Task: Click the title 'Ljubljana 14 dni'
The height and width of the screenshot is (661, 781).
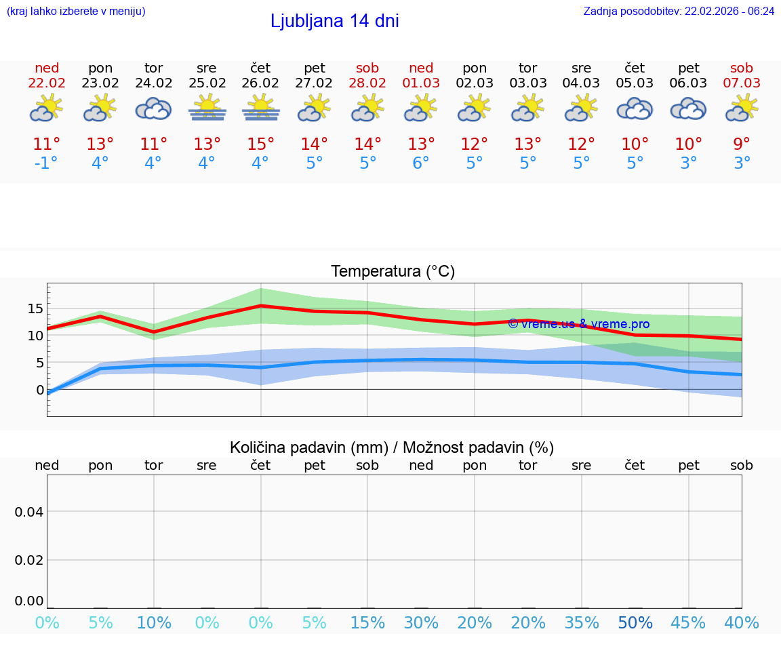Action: click(x=334, y=21)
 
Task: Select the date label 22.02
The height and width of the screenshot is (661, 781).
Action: click(x=47, y=83)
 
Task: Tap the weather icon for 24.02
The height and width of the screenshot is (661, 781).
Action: click(x=153, y=108)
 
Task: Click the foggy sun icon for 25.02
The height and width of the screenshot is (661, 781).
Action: click(x=207, y=108)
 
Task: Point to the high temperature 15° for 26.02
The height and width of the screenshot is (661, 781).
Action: click(x=261, y=144)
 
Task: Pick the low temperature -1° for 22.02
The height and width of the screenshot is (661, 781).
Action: click(x=47, y=163)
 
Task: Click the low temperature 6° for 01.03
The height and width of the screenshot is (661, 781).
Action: click(x=421, y=163)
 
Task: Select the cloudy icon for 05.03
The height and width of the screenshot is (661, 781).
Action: click(x=635, y=108)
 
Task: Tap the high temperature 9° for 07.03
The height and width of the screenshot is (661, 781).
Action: click(x=742, y=144)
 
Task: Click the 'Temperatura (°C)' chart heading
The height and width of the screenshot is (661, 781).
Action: click(x=393, y=272)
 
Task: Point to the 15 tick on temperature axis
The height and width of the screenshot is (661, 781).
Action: click(x=35, y=308)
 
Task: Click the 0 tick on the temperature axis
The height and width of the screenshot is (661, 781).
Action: click(x=40, y=390)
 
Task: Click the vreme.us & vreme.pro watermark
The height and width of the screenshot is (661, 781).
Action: click(x=578, y=324)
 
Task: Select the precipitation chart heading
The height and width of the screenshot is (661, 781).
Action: click(x=392, y=447)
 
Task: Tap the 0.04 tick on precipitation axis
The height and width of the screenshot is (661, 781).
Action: click(x=29, y=512)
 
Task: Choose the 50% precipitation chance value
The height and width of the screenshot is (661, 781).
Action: click(x=635, y=623)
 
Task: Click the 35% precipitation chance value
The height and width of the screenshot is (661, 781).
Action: click(x=582, y=623)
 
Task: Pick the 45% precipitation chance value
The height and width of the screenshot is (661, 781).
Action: click(x=688, y=623)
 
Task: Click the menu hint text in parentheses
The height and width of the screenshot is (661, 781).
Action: click(x=76, y=12)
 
